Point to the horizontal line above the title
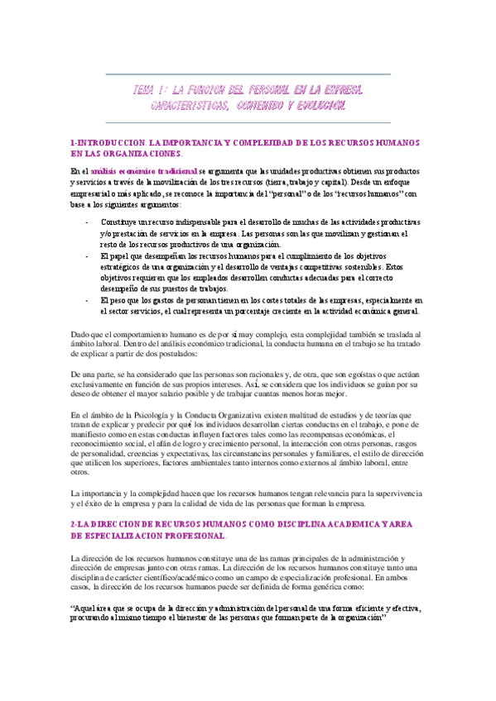click(248, 75)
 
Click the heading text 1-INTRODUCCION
click(108, 143)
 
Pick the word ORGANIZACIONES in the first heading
click(136, 155)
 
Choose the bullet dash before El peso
click(89, 300)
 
